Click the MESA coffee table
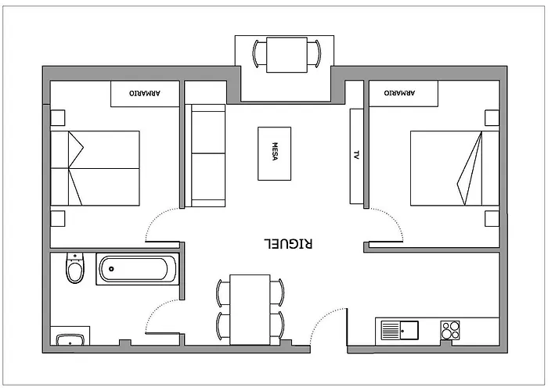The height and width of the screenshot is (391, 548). click(x=275, y=153)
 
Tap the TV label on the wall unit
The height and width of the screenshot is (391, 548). click(x=357, y=156)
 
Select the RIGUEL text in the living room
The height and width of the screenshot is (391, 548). click(x=290, y=244)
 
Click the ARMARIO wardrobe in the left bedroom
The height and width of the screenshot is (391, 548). click(x=146, y=94)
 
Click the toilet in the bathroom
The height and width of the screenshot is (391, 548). click(x=74, y=269)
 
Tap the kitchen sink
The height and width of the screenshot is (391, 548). click(x=399, y=330)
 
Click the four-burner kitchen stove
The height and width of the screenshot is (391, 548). click(x=450, y=330)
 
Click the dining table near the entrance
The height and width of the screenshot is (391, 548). click(x=250, y=309)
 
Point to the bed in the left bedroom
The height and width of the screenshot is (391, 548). click(x=95, y=168)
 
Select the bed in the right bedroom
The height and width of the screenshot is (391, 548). click(x=454, y=168)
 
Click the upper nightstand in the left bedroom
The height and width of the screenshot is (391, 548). click(x=58, y=118)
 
